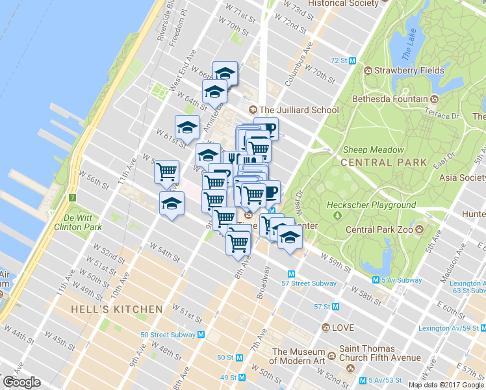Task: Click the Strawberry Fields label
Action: point(408,70)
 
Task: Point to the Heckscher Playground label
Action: point(371,205)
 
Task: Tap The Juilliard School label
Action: point(298,110)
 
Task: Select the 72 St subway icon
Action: point(352,60)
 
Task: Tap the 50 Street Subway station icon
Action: point(201,335)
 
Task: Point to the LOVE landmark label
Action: point(342,328)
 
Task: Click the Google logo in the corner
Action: point(21,382)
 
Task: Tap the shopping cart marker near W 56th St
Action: point(167,171)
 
